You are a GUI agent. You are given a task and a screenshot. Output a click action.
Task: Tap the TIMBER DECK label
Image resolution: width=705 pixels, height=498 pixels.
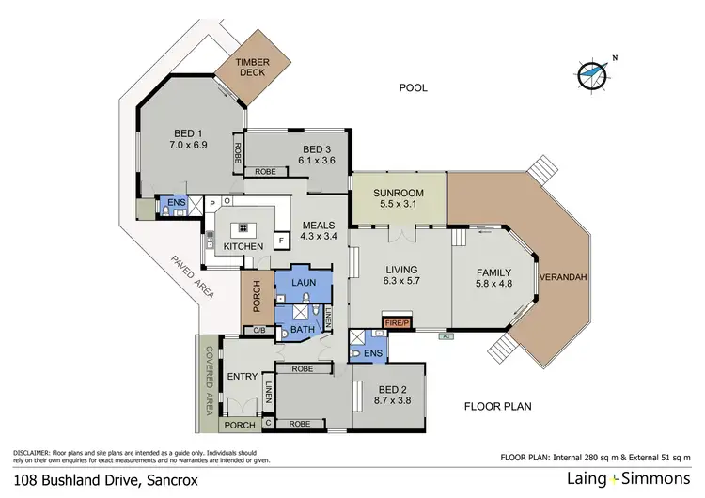click(x=252, y=68)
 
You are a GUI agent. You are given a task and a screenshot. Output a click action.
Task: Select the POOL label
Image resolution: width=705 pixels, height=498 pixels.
click(x=413, y=88)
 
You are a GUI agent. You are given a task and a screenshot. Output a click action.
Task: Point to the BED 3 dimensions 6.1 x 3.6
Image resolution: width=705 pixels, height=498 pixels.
click(x=316, y=161)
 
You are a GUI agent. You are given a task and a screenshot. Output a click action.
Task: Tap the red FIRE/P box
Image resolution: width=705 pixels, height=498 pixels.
click(x=398, y=324)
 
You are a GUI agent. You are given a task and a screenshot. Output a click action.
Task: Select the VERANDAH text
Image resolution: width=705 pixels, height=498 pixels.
click(x=561, y=277)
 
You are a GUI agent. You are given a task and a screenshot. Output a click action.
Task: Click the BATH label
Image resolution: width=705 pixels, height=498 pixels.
click(x=302, y=330)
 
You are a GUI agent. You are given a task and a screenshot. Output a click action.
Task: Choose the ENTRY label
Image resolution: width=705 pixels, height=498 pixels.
click(x=242, y=377)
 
